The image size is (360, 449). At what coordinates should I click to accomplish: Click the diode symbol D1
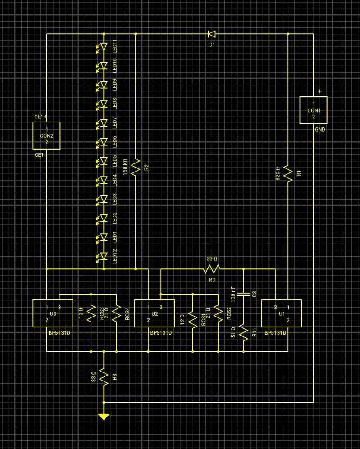click(x=211, y=34)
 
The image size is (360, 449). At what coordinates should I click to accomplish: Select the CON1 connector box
click(x=314, y=110)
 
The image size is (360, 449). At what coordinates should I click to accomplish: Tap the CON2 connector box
click(x=46, y=136)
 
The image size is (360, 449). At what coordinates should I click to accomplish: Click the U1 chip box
click(x=282, y=313)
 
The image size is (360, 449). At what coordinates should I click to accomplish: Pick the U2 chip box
click(x=155, y=313)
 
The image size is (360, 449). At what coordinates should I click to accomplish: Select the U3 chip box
click(x=53, y=313)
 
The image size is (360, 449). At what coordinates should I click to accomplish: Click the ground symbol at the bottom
click(x=104, y=416)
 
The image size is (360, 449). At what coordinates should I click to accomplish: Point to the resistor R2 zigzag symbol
click(x=135, y=167)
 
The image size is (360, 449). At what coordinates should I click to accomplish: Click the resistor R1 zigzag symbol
click(x=288, y=173)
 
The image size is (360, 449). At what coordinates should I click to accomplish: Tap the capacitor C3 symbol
click(x=243, y=294)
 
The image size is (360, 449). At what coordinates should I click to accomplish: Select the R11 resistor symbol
click(x=243, y=332)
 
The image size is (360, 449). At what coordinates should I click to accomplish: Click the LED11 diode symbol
click(x=104, y=46)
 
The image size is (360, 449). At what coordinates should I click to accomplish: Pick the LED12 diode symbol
click(x=104, y=256)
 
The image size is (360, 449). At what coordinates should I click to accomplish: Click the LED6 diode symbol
click(x=104, y=141)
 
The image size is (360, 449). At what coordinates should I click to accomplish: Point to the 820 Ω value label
click(x=278, y=173)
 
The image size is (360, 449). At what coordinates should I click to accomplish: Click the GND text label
click(x=320, y=130)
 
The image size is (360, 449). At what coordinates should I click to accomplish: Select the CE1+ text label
click(x=41, y=117)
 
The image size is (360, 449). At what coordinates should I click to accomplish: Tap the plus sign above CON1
click(x=320, y=91)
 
